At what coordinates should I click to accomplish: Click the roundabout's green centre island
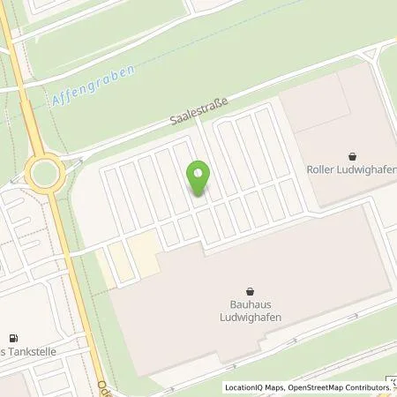point(42,171)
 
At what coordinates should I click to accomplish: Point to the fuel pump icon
point(12,338)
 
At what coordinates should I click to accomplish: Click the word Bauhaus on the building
point(250,306)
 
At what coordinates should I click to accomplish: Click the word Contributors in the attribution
point(363,387)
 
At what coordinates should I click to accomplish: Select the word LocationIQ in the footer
point(241,387)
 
